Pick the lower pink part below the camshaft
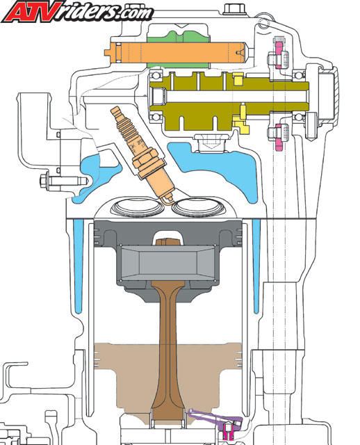click(279, 137)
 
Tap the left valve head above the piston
click(138, 208)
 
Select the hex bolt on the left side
click(63, 181)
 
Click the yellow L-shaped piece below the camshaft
click(241, 120)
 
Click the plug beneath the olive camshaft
click(210, 143)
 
